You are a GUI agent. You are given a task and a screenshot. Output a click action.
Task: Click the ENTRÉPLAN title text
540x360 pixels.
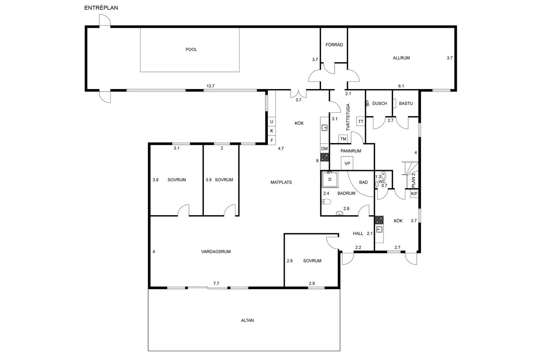point(101,8)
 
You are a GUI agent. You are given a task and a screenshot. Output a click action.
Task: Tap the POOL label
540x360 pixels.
point(191,49)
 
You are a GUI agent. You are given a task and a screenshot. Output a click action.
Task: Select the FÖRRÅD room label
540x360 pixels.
point(334,45)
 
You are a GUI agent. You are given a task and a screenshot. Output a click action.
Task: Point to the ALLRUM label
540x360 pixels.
point(401,58)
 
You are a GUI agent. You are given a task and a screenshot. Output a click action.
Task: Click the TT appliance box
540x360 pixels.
point(361,121)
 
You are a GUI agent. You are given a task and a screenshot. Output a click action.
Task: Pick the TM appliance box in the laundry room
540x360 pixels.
point(343,139)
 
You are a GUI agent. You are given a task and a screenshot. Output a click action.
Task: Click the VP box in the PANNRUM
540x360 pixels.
point(347,163)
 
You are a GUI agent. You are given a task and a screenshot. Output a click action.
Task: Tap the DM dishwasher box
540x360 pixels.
point(324,149)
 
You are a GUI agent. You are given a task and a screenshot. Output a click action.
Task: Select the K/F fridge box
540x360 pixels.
point(414,194)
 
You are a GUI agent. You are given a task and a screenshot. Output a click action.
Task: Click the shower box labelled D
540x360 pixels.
point(330,179)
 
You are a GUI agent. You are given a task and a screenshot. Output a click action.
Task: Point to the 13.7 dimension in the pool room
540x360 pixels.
point(210,86)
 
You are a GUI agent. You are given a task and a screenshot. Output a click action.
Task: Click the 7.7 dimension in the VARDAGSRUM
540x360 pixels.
point(216,283)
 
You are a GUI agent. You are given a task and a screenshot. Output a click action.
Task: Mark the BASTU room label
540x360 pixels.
point(406,103)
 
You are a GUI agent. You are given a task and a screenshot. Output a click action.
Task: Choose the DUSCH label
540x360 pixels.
point(380,103)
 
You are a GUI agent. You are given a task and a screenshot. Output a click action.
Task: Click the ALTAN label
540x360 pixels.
point(247,320)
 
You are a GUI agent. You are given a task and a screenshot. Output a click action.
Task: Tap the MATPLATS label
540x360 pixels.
point(281,182)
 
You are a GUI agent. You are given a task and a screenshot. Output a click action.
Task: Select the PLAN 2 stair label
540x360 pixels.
point(413,180)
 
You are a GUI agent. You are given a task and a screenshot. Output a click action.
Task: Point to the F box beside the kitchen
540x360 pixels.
point(272,140)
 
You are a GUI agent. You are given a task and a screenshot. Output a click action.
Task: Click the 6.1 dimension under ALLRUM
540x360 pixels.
point(401,86)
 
